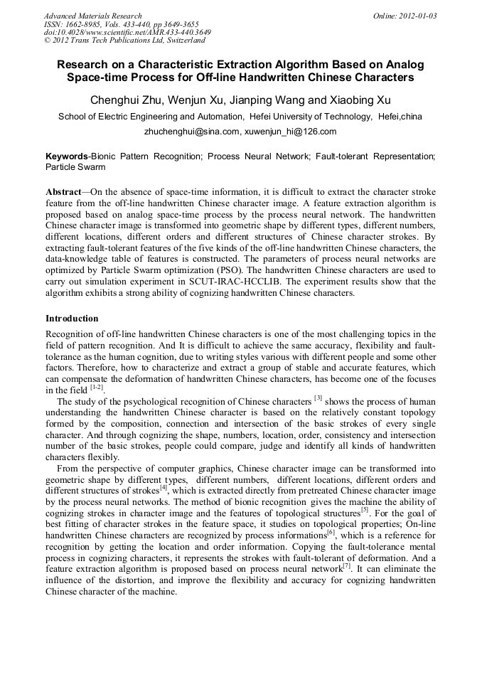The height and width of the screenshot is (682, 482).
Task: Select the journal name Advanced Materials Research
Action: coord(93,16)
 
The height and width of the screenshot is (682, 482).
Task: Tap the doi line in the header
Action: coord(127,32)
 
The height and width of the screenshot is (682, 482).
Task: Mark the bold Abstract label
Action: coord(63,193)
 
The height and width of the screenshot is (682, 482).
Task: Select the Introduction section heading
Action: coord(72,318)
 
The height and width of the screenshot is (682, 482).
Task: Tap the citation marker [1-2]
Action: coord(97,388)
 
